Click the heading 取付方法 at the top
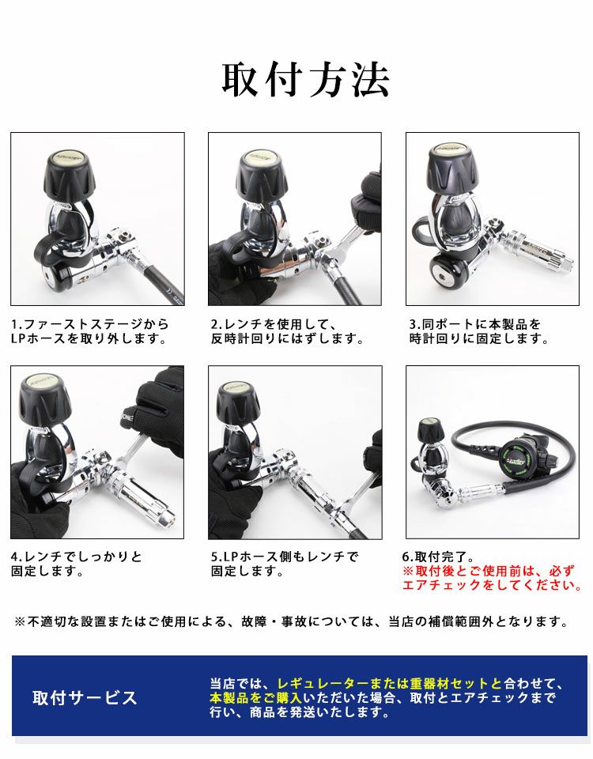tap(304, 80)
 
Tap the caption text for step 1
tap(89, 331)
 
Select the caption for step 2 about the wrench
tap(286, 331)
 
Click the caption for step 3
tap(478, 331)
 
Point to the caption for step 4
tap(77, 563)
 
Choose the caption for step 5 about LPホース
tap(284, 563)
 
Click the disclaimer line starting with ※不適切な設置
tap(291, 621)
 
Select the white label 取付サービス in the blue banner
tap(85, 697)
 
